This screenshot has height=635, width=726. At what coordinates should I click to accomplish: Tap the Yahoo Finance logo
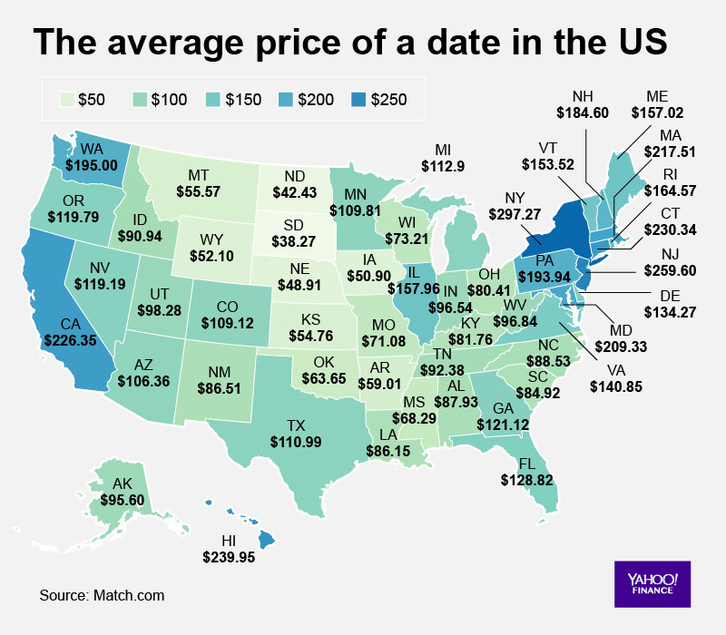[x=651, y=582]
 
